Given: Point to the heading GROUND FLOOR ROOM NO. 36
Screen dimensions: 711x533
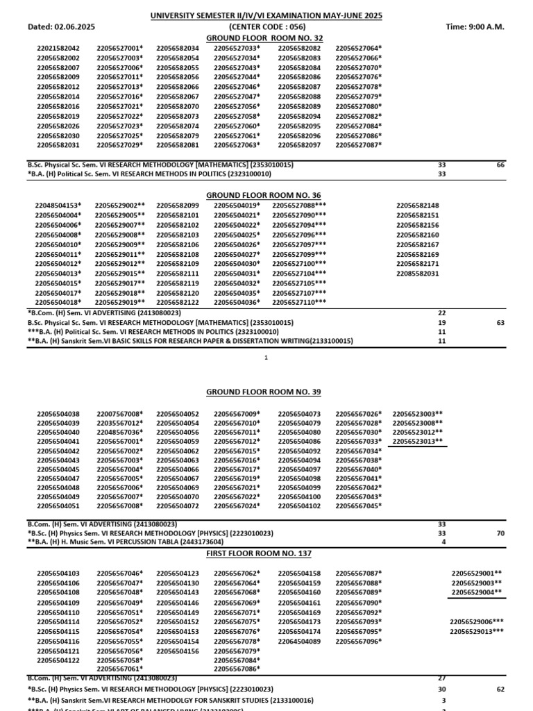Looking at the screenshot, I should pyautogui.click(x=264, y=195).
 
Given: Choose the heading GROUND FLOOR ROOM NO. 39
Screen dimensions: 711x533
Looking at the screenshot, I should pyautogui.click(x=264, y=392).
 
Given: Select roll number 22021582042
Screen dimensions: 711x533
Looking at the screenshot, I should pyautogui.click(x=58, y=48).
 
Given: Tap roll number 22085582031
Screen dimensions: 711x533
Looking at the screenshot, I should pyautogui.click(x=417, y=274).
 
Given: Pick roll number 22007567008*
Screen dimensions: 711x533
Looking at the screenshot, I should pyautogui.click(x=120, y=414).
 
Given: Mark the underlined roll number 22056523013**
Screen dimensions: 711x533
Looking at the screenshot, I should pyautogui.click(x=417, y=441).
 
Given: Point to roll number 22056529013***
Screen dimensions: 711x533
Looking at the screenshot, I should pyautogui.click(x=477, y=632).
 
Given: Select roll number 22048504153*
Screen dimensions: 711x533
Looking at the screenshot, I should pyautogui.click(x=59, y=206).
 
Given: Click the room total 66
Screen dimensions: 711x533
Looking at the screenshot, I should pyautogui.click(x=500, y=165).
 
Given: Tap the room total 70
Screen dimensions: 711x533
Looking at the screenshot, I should pyautogui.click(x=500, y=533).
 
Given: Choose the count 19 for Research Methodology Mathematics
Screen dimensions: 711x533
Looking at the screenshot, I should pyautogui.click(x=442, y=323).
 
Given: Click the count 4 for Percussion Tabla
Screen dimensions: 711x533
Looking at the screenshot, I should pyautogui.click(x=442, y=542).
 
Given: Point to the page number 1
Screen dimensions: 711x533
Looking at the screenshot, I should pyautogui.click(x=266, y=357).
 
